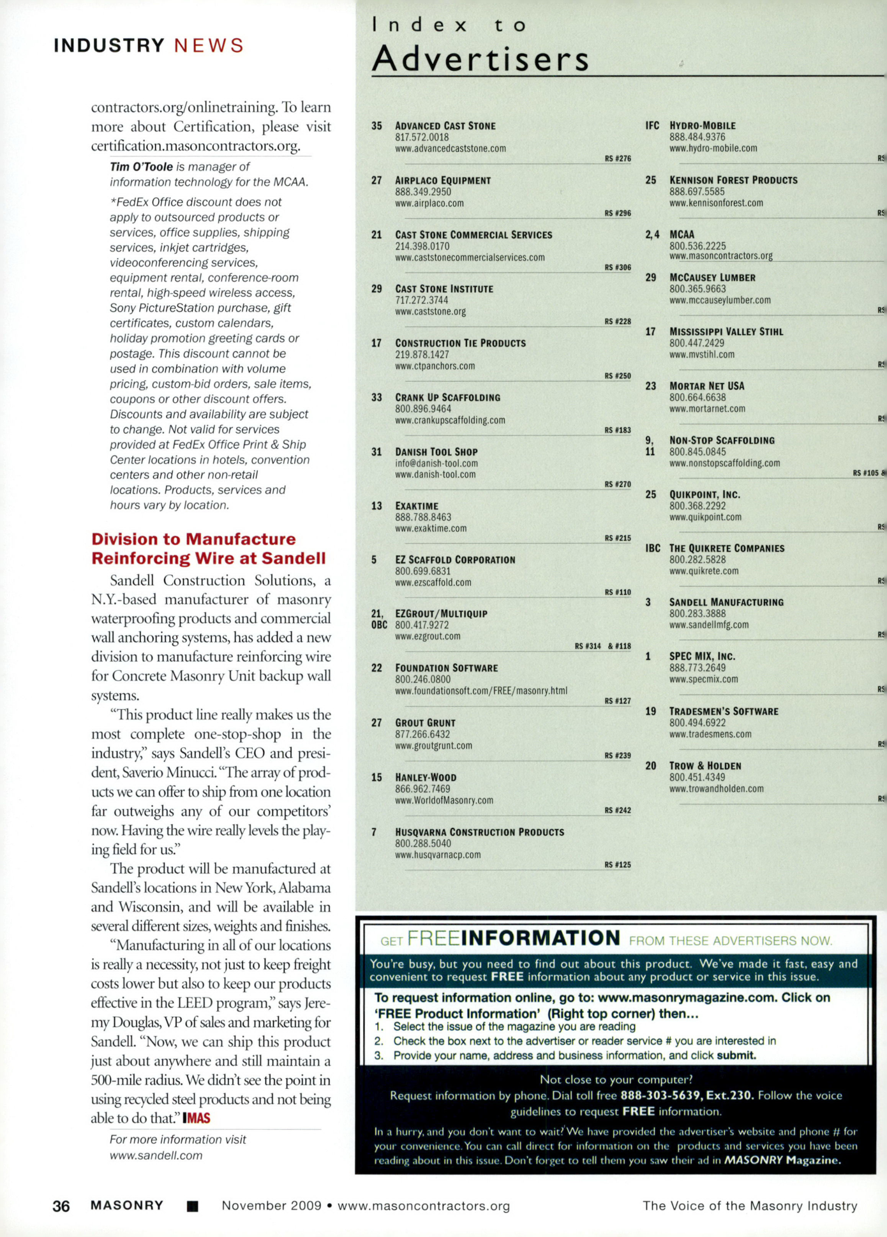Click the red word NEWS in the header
209,46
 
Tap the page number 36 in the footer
61,1206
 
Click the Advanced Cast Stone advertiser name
445,126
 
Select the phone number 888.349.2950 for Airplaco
422,192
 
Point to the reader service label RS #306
617,267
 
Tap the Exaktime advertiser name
417,506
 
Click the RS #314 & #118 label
602,647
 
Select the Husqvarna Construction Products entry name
479,832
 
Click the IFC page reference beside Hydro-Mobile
652,126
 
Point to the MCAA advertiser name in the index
682,235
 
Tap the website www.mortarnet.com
707,409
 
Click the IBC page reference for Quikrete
652,548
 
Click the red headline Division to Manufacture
193,539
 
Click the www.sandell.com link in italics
156,1155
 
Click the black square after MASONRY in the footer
192,1206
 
